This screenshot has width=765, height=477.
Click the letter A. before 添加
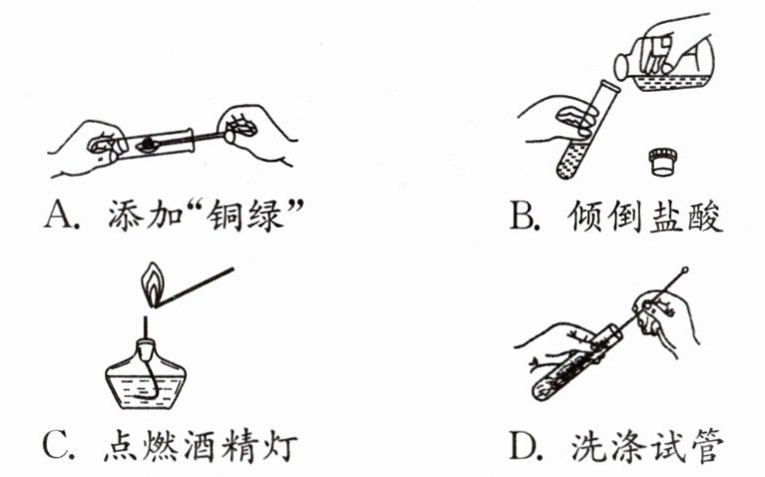click(x=61, y=214)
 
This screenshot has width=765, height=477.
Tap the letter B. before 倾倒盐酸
click(x=526, y=215)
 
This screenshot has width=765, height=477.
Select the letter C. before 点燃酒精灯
click(x=59, y=444)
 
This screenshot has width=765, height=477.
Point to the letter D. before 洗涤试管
click(x=526, y=445)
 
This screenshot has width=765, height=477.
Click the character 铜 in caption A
click(x=223, y=215)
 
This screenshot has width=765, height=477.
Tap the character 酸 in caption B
click(x=706, y=216)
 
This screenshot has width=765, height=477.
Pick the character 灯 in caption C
click(x=282, y=445)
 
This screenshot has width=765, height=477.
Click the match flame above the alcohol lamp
click(x=153, y=284)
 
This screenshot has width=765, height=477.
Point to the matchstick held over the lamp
click(x=195, y=287)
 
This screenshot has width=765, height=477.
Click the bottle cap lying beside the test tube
click(x=662, y=162)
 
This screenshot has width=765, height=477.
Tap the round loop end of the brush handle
click(x=685, y=269)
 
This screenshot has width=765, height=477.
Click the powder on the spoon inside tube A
click(x=148, y=144)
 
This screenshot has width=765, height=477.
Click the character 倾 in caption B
click(x=585, y=216)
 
